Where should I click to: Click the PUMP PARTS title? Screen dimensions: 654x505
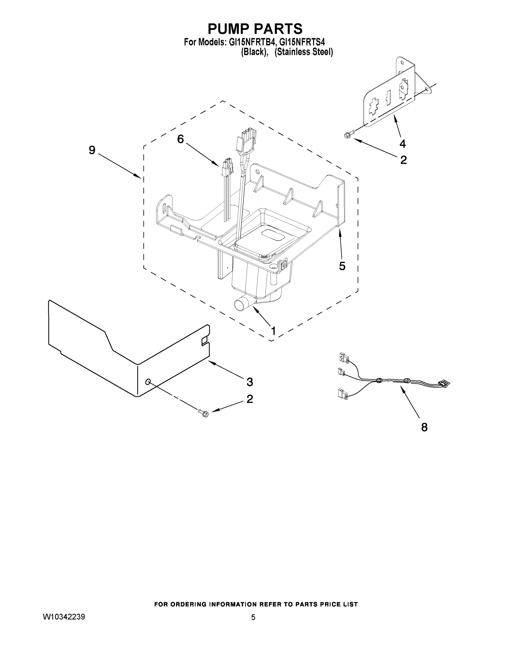tap(255, 29)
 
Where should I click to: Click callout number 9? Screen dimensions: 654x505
tap(92, 150)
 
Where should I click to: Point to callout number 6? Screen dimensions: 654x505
tap(180, 139)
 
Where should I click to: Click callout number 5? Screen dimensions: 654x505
tap(342, 266)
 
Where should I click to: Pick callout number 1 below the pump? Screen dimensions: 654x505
tap(273, 331)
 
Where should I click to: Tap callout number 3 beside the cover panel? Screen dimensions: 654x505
tap(250, 382)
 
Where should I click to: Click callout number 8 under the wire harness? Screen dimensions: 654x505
tap(424, 427)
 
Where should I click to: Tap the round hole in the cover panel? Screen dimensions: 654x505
tap(148, 381)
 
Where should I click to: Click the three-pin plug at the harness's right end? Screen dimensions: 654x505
tap(444, 384)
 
